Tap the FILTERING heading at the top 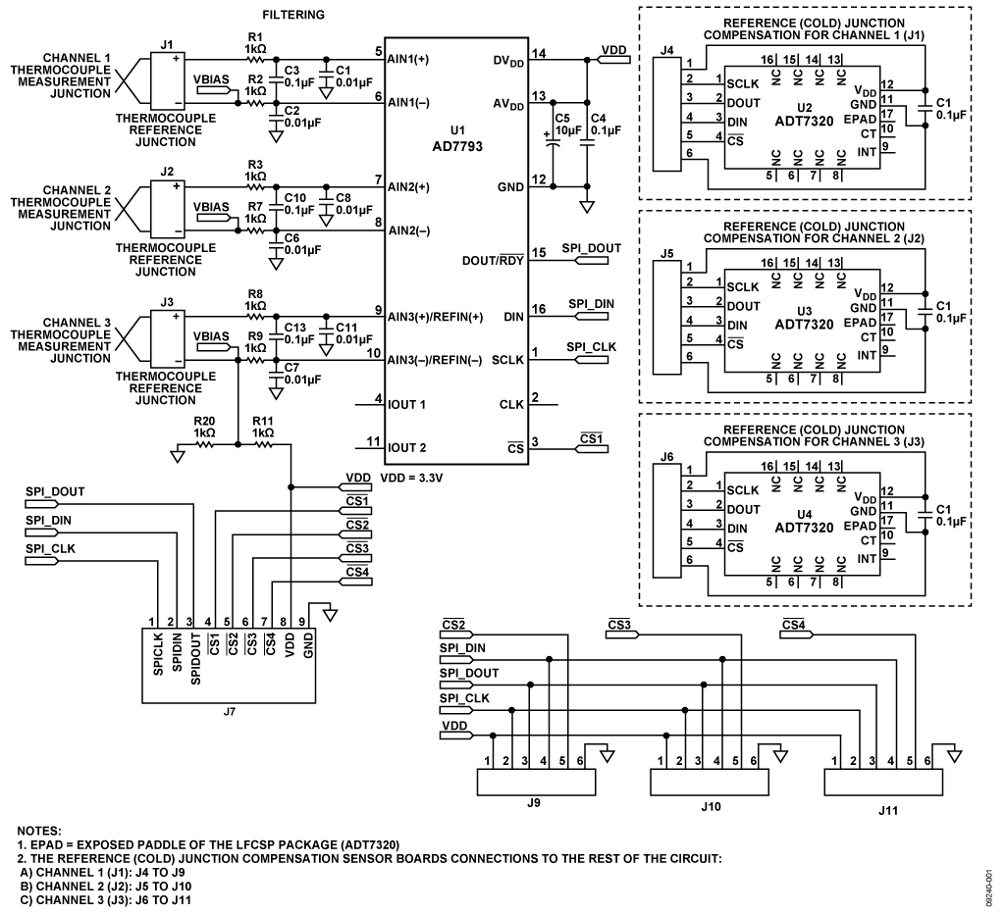[293, 16]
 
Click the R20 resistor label [204, 419]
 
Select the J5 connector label [667, 252]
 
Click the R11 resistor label [263, 419]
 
